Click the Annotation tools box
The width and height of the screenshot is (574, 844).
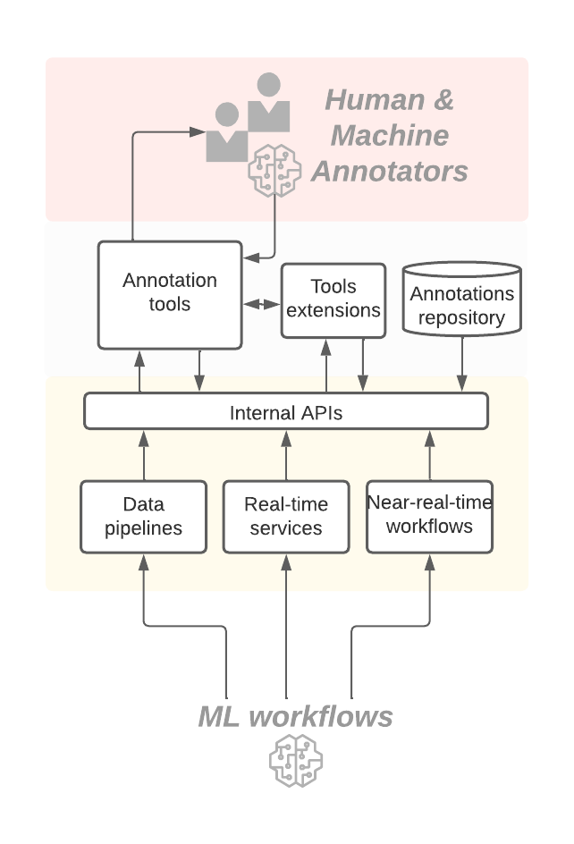tap(170, 294)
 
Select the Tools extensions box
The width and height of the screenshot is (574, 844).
tap(333, 300)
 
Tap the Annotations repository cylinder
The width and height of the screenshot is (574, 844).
tap(462, 298)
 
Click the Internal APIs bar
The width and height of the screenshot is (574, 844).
tap(286, 411)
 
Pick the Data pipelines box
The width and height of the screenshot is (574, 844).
tap(143, 517)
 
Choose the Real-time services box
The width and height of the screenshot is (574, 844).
tap(286, 517)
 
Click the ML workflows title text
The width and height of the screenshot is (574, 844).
tap(295, 716)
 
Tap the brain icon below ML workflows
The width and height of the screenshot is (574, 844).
tap(295, 760)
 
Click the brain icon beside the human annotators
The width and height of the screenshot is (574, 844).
tap(274, 167)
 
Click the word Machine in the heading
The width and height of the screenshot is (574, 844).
tap(390, 136)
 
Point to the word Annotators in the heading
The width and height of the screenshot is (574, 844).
tap(390, 171)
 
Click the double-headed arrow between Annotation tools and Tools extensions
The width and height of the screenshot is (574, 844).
tap(261, 305)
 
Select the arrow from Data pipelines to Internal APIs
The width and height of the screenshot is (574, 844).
tap(143, 455)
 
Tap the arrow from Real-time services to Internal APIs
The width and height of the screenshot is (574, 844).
tap(286, 455)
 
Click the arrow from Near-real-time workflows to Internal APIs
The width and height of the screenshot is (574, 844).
tap(429, 455)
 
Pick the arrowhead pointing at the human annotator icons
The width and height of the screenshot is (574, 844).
tap(198, 132)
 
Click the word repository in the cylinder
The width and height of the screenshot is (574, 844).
tap(462, 317)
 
